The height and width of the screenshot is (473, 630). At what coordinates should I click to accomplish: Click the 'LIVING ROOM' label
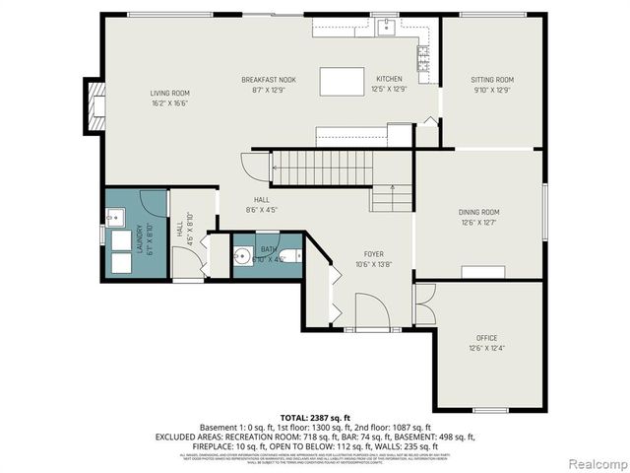pos(169,93)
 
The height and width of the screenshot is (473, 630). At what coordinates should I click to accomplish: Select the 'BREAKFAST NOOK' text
pos(269,80)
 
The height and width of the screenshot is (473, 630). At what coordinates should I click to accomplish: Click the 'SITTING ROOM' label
pos(491,80)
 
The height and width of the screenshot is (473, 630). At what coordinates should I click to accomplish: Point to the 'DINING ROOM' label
pos(478,212)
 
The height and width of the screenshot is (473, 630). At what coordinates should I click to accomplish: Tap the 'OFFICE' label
pos(487,337)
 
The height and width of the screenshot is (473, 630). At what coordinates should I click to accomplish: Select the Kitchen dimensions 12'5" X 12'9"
pos(390,90)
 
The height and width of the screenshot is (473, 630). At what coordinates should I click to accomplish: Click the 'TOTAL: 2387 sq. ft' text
pos(314,419)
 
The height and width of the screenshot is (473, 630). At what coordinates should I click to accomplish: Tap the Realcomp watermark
pos(595,463)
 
